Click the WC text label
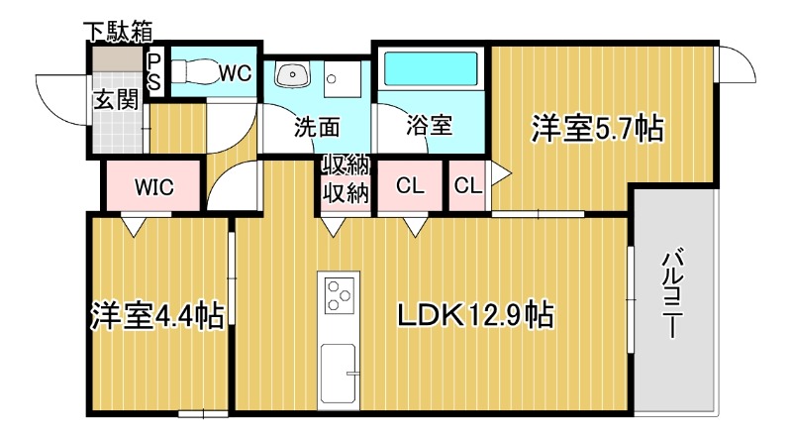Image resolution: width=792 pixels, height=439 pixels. coord(235,72)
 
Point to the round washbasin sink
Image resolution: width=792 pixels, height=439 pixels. coord(294,75)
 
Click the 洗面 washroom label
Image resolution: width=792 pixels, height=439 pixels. coord(317,127)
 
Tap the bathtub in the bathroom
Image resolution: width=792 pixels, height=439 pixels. coord(431,69)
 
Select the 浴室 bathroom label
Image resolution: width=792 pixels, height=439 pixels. coord(429,127)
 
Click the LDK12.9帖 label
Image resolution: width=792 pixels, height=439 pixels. coord(474,314)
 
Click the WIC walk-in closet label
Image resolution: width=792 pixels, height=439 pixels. coord(154,186)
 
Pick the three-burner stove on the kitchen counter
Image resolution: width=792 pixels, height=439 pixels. coord(340,294)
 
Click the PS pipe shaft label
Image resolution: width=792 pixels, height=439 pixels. coord(154,72)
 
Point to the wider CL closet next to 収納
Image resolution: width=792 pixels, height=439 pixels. coord(410,185)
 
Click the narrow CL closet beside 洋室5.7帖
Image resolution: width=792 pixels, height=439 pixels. coord(467,185)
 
